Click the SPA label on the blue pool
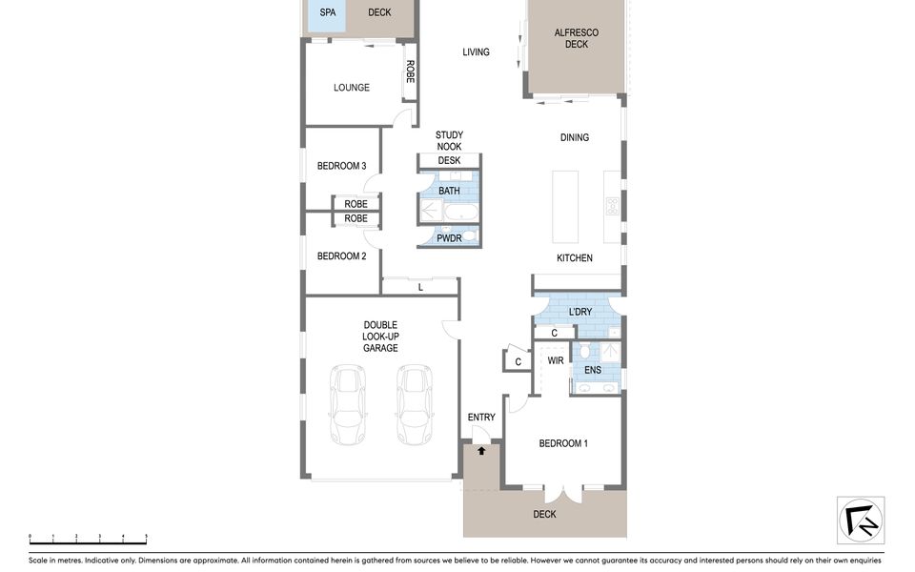point(327,12)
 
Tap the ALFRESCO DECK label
point(577,38)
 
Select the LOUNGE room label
point(352,88)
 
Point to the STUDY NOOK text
point(449,141)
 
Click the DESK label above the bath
point(449,160)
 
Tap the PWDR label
point(449,238)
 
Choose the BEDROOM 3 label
point(341,166)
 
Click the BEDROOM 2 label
point(341,256)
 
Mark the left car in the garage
point(347,404)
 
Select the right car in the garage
point(415,404)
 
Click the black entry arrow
point(481,451)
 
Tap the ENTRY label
point(481,418)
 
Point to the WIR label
point(556,360)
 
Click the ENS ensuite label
point(593,370)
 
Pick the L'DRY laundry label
point(580,312)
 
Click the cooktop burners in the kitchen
point(612,206)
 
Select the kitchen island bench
point(565,207)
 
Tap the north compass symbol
point(861,521)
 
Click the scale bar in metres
point(88,539)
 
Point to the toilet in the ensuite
point(584,350)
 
